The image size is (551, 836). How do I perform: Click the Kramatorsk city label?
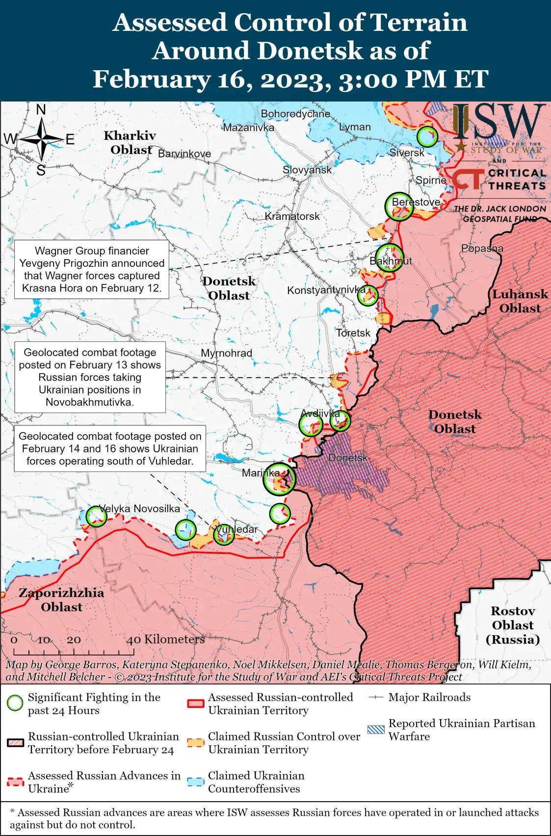(292, 216)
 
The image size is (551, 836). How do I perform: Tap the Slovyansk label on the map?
(307, 170)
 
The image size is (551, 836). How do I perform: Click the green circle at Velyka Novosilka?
(96, 516)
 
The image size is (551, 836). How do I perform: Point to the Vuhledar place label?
(236, 529)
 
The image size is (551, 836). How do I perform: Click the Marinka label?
(261, 473)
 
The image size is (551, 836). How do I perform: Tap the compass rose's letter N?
(41, 110)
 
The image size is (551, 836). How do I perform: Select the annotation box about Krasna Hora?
(92, 269)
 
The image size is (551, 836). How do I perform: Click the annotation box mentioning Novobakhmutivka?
(90, 377)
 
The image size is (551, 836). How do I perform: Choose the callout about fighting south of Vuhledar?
(110, 448)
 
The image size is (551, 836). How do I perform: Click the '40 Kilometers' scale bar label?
(165, 639)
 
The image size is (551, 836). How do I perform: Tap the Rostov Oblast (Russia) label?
(513, 625)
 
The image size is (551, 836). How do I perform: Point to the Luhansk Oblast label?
(520, 301)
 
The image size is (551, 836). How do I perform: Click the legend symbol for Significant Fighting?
(15, 703)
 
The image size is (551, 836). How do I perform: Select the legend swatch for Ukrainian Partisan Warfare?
(375, 730)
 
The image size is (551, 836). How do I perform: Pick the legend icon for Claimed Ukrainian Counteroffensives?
(195, 782)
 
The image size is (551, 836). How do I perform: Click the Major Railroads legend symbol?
(375, 697)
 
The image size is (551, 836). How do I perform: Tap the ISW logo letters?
(499, 123)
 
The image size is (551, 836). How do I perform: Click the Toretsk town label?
(353, 333)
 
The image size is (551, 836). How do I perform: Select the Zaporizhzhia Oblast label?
(62, 600)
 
